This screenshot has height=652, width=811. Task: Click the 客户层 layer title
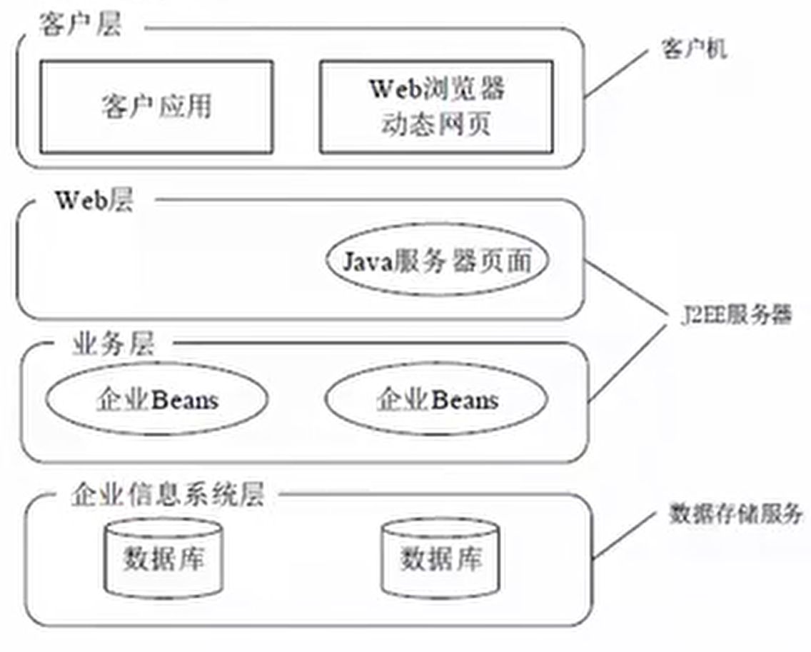tap(81, 24)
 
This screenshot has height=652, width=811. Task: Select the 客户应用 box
tap(157, 107)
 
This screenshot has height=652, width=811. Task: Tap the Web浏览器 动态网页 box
tap(436, 107)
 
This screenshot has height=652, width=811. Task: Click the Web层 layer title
tap(95, 200)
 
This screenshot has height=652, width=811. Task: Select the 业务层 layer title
tap(114, 344)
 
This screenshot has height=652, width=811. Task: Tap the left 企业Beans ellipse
tap(157, 399)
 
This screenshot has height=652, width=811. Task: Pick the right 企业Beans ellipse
tap(436, 399)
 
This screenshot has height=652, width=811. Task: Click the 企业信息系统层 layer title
tap(168, 494)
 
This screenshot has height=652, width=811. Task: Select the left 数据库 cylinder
tap(163, 559)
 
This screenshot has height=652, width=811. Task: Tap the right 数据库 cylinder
tap(440, 559)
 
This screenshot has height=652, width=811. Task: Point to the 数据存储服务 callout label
tap(735, 514)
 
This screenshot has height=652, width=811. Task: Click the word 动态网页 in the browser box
tap(436, 125)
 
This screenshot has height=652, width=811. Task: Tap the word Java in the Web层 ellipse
tap(368, 261)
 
